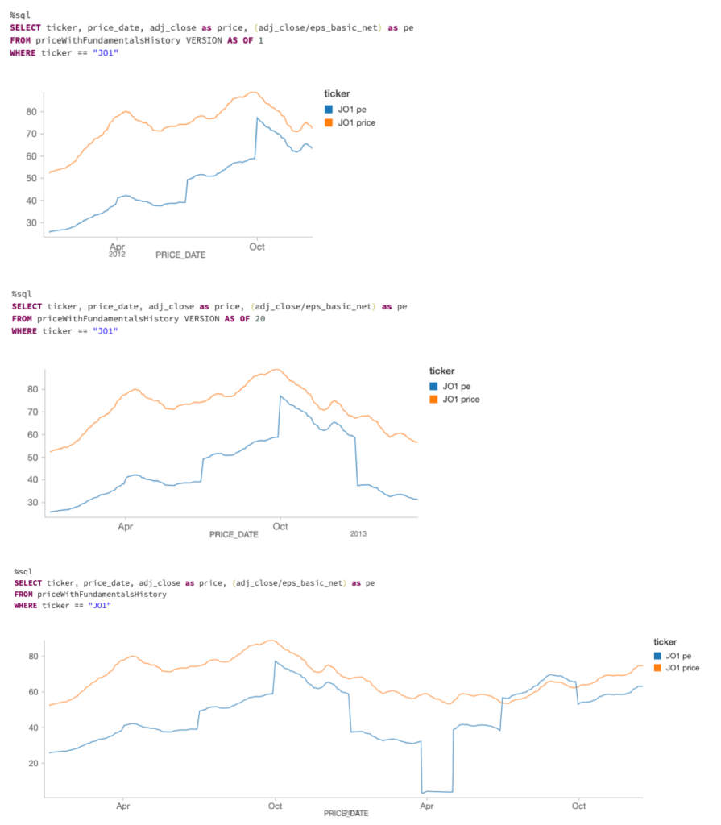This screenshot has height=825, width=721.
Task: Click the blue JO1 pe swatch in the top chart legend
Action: click(329, 109)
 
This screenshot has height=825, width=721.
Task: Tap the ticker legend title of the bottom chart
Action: click(665, 641)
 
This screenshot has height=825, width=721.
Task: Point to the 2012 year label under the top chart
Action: click(117, 255)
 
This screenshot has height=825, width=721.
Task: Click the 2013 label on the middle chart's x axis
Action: click(358, 534)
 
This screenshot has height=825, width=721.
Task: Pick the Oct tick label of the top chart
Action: click(257, 247)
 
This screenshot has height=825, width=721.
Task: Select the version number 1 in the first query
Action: click(260, 40)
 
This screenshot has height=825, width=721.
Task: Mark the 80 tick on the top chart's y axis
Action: click(31, 111)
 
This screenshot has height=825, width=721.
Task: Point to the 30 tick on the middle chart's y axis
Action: click(33, 503)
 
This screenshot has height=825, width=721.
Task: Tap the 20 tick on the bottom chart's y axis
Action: click(34, 763)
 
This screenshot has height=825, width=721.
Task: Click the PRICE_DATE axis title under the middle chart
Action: click(234, 534)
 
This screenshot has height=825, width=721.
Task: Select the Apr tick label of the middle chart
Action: click(126, 527)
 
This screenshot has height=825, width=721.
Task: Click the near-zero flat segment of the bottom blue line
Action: click(437, 791)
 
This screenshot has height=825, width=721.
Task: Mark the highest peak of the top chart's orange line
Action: click(254, 93)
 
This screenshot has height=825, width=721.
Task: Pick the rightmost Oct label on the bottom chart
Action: click(578, 806)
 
